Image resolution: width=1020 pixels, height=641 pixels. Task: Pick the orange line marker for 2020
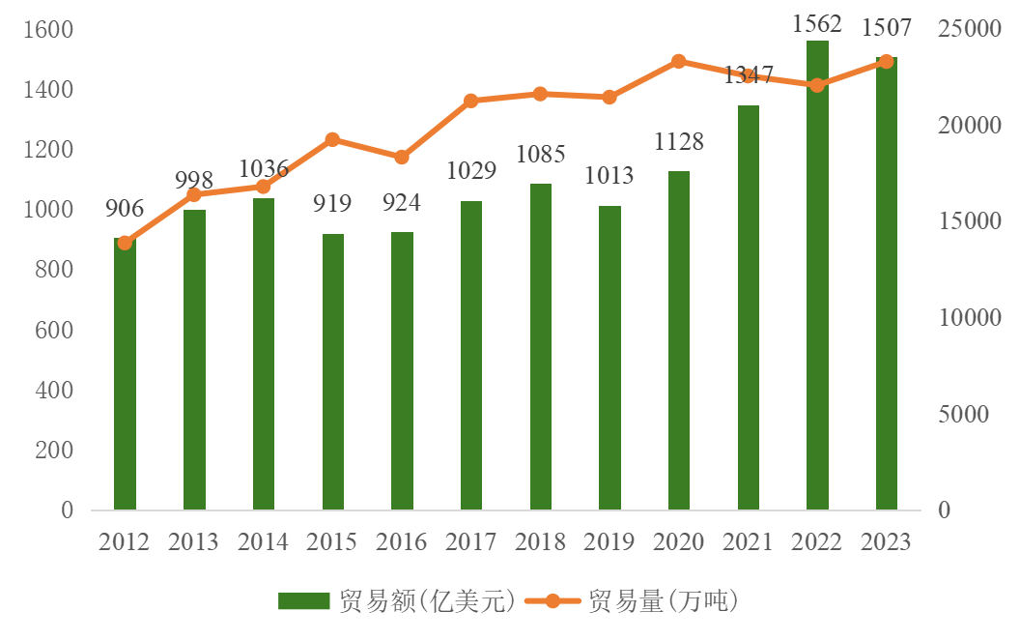coord(679,62)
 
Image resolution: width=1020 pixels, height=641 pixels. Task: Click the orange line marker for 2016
coord(402,158)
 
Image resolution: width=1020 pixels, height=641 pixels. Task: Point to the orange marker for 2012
coord(125,243)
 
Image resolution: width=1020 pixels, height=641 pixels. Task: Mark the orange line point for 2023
coord(887,62)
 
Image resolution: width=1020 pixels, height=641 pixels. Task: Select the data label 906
coord(125,208)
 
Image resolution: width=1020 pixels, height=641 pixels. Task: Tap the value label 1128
coord(679,142)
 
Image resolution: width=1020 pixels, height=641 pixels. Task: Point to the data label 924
coord(402,203)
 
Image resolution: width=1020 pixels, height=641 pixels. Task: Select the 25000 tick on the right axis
coord(969,30)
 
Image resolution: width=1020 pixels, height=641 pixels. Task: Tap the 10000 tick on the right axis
coord(969,318)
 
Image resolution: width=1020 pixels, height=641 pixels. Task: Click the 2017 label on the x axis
coord(471,541)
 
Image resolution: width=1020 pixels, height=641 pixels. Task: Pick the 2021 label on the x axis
coord(749,541)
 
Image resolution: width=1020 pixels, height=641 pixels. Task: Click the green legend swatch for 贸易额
coord(304,601)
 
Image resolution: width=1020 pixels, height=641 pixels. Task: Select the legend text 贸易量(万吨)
coord(663,601)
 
